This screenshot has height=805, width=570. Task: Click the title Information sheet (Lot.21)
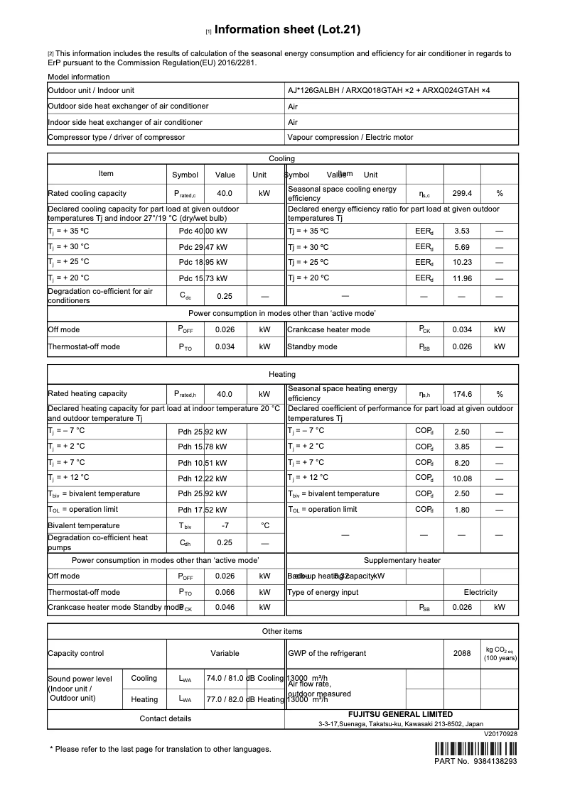click(287, 30)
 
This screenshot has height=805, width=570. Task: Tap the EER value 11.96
click(462, 278)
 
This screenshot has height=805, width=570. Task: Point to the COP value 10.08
click(462, 478)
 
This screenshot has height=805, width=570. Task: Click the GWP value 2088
click(462, 653)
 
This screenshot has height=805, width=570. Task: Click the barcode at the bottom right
click(475, 748)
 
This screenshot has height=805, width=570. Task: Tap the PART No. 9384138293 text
click(475, 761)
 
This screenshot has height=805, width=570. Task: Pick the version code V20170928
click(500, 734)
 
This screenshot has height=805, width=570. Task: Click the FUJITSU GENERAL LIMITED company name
click(400, 715)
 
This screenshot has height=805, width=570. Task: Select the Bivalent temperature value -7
click(225, 525)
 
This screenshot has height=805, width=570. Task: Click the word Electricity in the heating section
click(480, 592)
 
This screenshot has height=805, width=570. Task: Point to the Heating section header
click(282, 374)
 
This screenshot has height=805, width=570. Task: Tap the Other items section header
click(282, 631)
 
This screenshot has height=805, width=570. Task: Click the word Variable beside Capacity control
click(225, 653)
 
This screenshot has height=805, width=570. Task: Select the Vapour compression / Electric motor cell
click(350, 137)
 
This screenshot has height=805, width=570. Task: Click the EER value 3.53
click(462, 231)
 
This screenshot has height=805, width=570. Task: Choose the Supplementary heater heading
click(402, 560)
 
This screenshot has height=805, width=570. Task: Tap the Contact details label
click(166, 718)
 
